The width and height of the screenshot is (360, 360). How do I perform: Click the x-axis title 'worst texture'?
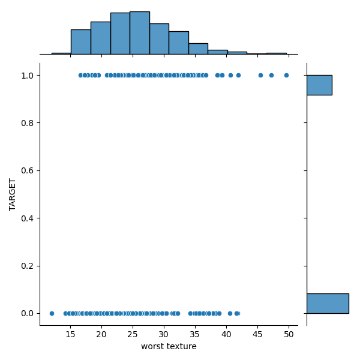tap(169, 346)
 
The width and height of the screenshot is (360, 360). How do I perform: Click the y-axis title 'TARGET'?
tap(13, 194)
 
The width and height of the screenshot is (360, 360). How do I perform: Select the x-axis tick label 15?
tap(70, 334)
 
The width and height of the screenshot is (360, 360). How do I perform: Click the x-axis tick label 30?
tap(164, 334)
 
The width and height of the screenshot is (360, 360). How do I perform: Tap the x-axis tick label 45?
tap(257, 334)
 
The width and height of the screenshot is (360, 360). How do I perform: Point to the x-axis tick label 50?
tap(289, 334)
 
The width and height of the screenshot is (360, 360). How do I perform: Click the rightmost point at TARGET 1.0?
tap(286, 75)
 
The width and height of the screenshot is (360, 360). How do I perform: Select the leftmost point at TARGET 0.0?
tap(52, 313)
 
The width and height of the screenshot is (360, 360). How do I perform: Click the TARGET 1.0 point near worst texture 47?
tap(271, 75)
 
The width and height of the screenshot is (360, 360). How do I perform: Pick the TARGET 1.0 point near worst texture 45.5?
tap(260, 75)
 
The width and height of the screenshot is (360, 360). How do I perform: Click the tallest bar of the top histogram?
tap(139, 33)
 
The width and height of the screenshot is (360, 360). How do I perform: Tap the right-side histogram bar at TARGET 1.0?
tap(319, 85)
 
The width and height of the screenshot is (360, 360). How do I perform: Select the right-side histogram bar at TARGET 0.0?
tap(328, 303)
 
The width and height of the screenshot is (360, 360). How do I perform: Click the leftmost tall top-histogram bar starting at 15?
tap(80, 42)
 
